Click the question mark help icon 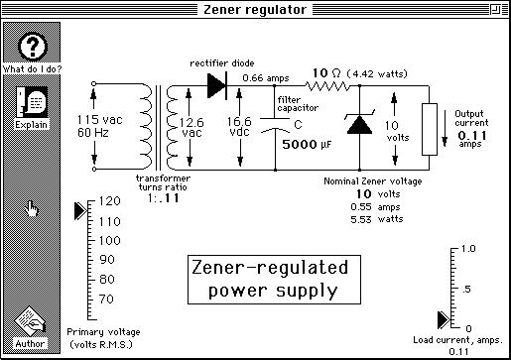coord(32,46)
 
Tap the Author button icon coord(32,325)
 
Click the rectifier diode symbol coord(217,84)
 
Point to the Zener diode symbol coord(357,125)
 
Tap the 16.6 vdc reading coord(240,126)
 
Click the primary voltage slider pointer coord(80,210)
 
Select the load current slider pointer coord(444,318)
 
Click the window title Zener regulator coord(255,10)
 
